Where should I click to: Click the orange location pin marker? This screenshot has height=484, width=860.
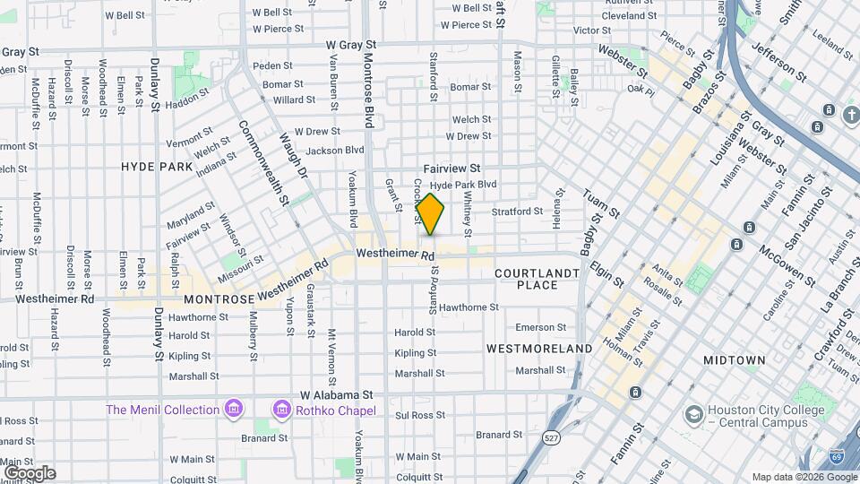pos(431,214)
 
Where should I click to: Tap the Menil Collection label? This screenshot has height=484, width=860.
pos(162,410)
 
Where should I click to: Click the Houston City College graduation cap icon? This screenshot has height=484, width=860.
pos(693,415)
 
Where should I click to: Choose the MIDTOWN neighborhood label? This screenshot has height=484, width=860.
pos(734,360)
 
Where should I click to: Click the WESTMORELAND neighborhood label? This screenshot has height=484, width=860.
pos(539,348)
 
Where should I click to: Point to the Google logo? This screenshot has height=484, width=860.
pos(30,472)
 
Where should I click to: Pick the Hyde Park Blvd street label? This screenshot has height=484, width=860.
pos(463,184)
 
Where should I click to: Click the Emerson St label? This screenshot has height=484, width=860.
pos(540,327)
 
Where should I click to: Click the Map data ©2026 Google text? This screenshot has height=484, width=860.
pos(803,477)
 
